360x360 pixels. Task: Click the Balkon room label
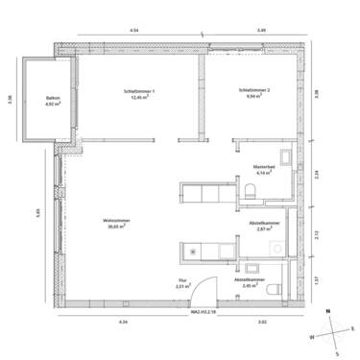point(54,99)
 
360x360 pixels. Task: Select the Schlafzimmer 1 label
point(139,90)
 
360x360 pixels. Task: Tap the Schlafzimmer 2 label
point(255,90)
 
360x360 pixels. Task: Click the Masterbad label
point(265,166)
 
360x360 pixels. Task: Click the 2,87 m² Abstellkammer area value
point(266,230)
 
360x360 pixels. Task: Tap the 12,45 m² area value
point(140,97)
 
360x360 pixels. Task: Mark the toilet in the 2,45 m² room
point(275,289)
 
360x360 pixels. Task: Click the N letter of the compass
point(328,313)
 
